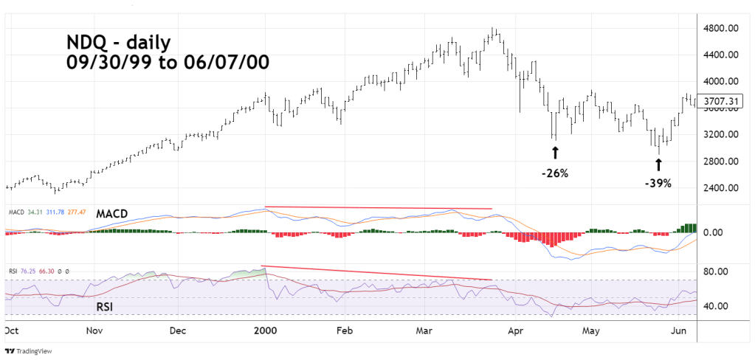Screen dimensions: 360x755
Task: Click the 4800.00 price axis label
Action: point(722,28)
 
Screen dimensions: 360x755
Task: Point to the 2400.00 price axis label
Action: point(722,188)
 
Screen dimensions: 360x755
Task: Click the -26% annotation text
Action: point(555,173)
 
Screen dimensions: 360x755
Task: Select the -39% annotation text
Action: point(658,183)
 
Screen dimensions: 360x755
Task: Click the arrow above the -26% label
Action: point(555,153)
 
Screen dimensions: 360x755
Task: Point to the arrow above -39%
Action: point(658,162)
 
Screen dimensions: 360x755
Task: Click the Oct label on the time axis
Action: point(11,333)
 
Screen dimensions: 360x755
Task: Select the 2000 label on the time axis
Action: point(265,333)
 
